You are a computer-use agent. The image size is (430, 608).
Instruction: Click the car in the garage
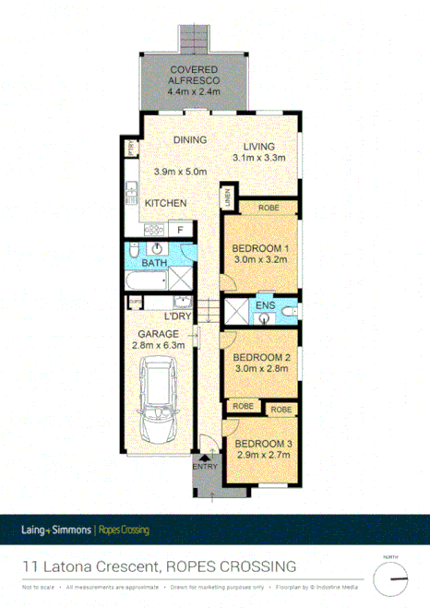coord(159,399)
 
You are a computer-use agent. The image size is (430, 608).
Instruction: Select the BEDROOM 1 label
coord(260,248)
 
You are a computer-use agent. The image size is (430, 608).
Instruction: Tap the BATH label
coord(153,263)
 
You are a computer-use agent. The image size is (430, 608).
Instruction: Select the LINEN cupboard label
coord(227,197)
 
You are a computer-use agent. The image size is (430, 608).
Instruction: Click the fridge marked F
coord(181,229)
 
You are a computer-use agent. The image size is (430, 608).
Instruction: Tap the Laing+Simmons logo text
coord(56,531)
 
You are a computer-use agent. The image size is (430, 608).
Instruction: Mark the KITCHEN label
coord(167,203)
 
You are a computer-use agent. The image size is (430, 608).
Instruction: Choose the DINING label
coord(189,140)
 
